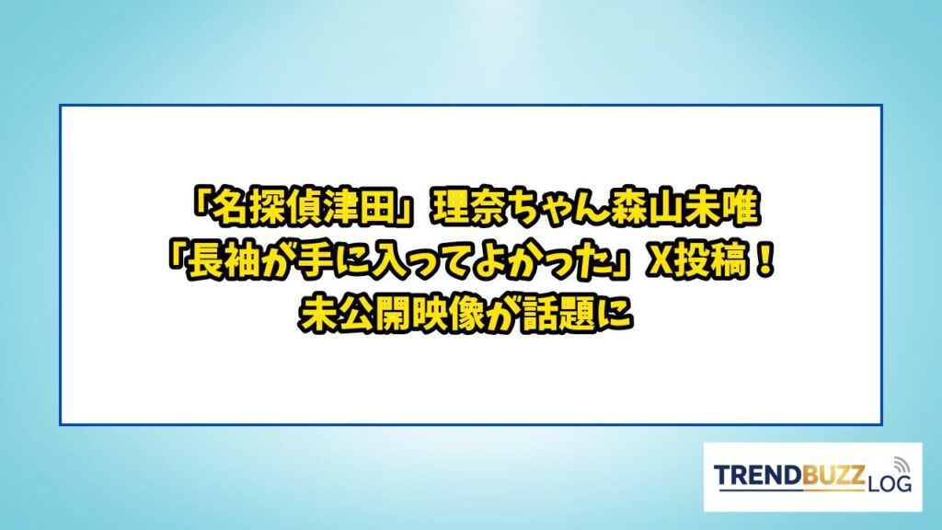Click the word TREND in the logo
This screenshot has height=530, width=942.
pos(758,475)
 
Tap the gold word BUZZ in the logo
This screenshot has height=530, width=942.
pos(833,475)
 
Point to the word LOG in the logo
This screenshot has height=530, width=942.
pos(890,483)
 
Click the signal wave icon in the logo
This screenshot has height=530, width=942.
pos(902,465)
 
